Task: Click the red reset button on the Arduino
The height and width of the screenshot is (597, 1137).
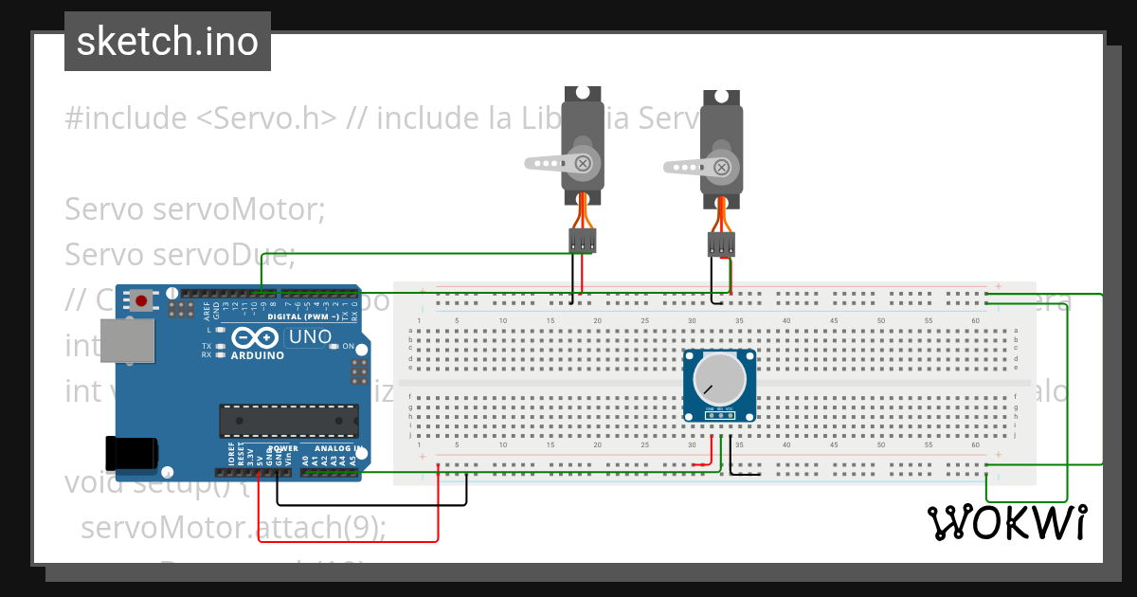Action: click(141, 301)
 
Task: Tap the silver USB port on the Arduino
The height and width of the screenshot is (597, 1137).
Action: click(126, 341)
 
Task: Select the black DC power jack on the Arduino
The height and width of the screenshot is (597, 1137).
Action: click(130, 453)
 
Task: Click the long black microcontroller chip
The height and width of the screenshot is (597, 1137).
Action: click(289, 421)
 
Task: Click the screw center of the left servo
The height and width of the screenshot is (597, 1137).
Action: click(584, 162)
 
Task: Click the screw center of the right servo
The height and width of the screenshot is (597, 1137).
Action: click(722, 168)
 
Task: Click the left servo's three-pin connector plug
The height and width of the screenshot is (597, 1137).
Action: click(582, 241)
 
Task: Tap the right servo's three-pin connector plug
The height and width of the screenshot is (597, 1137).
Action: click(721, 245)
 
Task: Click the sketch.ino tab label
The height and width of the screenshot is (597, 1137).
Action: click(167, 41)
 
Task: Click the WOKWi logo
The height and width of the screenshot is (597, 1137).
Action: click(1007, 523)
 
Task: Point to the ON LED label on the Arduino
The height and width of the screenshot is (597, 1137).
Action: click(347, 346)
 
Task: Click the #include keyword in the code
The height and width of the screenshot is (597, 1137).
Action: click(125, 118)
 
